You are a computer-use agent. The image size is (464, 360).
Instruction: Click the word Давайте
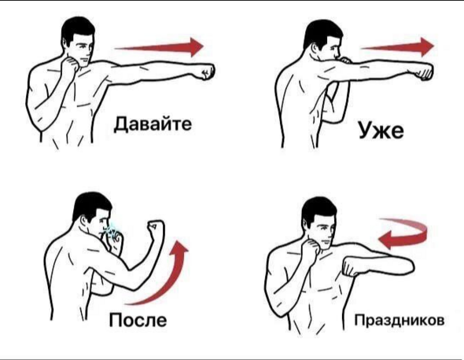[x=153, y=124]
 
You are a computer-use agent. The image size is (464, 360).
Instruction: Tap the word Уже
[x=381, y=130]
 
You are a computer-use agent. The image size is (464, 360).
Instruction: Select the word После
[x=138, y=320]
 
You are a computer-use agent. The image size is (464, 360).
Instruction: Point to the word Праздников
[x=400, y=320]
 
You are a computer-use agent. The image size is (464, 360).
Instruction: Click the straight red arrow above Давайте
[x=159, y=47]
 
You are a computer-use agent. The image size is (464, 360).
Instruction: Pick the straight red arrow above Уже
[x=397, y=47]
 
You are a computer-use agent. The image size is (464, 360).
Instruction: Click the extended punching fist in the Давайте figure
[x=207, y=72]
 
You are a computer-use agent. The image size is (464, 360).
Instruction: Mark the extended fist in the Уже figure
[x=425, y=72]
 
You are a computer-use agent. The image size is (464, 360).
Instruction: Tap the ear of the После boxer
[x=86, y=220]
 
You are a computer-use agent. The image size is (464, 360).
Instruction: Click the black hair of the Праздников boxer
[x=318, y=208]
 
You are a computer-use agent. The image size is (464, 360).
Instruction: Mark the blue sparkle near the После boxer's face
[x=110, y=230]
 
